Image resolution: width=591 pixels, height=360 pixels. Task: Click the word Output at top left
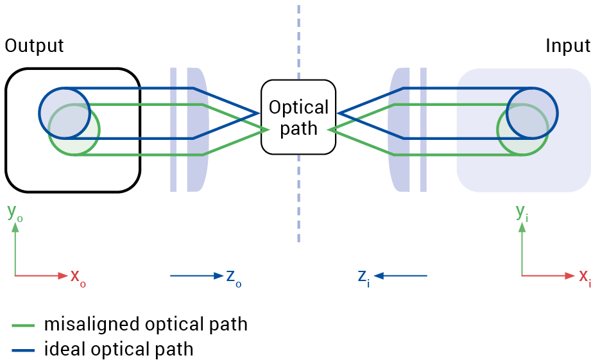click(34, 46)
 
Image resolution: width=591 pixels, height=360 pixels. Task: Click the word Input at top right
click(567, 46)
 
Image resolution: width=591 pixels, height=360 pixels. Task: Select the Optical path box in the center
click(298, 117)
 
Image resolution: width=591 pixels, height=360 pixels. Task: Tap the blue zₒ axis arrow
click(195, 276)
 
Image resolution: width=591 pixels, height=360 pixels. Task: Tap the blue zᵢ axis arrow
click(401, 276)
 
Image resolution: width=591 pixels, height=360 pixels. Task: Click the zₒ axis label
click(234, 277)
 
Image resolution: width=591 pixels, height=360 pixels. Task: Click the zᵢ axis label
click(363, 277)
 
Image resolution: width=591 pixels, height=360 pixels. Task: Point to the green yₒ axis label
click(15, 212)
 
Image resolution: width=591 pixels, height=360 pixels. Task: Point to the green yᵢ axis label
click(522, 212)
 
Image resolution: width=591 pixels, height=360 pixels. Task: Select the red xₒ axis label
click(78, 277)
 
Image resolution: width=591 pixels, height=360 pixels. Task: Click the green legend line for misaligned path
click(24, 326)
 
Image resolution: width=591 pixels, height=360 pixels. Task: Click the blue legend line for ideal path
click(24, 350)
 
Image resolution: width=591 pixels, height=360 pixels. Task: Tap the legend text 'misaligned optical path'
click(146, 324)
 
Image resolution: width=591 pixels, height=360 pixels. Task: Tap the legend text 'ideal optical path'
click(119, 349)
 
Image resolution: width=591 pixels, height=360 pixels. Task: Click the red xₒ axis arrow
click(41, 276)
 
